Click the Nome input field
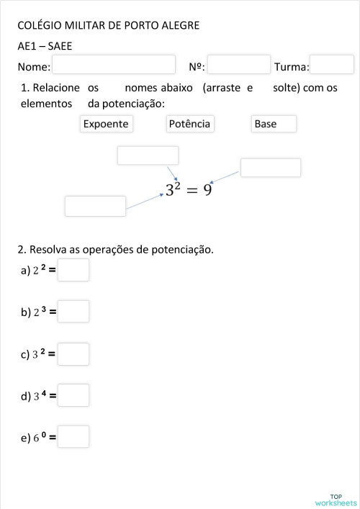point(114,65)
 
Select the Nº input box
point(238,65)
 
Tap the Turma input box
point(331,65)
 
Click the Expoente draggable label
point(106,124)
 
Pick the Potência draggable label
point(189,124)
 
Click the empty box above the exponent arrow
point(148,156)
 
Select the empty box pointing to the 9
point(270,168)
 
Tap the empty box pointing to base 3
point(95,206)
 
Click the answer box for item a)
point(73,270)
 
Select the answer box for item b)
point(73,312)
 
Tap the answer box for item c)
point(73,353)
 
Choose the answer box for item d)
point(73,395)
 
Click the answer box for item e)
point(73,436)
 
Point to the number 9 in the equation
point(207,191)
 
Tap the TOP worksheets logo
point(336,500)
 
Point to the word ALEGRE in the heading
point(180,26)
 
